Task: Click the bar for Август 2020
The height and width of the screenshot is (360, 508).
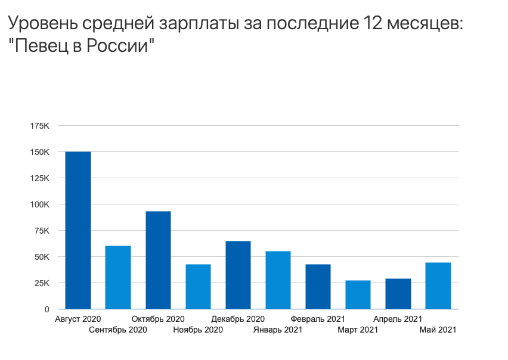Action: (x=78, y=230)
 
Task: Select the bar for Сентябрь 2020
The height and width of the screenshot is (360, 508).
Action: (x=118, y=277)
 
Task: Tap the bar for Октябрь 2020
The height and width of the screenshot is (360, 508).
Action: (x=158, y=260)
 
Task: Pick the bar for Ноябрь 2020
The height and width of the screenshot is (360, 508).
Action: (x=198, y=286)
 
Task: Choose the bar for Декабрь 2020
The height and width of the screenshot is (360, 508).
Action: (x=238, y=275)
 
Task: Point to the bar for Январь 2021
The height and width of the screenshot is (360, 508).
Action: (x=278, y=280)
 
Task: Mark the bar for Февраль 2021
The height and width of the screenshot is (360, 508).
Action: (x=318, y=286)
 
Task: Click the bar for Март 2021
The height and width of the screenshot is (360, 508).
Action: (x=358, y=294)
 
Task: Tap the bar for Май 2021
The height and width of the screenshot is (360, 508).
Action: (x=438, y=285)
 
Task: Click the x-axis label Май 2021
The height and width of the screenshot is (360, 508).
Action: (x=438, y=330)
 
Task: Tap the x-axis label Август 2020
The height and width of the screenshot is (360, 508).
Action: (x=78, y=319)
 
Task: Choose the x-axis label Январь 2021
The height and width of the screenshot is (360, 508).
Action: (x=277, y=330)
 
